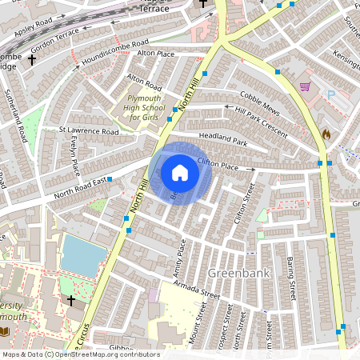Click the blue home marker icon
[x=180, y=173]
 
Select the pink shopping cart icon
[x=305, y=86]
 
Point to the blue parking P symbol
[x=331, y=95]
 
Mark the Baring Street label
[x=292, y=280]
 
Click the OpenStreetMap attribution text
[x=80, y=354]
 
